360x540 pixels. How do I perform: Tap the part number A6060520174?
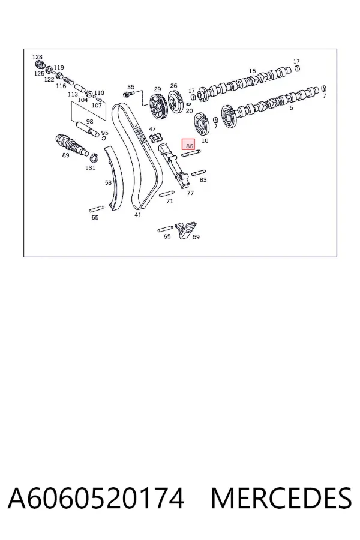coord(96,498)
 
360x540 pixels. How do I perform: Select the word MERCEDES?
coord(281,498)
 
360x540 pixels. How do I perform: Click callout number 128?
coord(37,57)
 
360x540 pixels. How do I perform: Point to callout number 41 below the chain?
coord(138,215)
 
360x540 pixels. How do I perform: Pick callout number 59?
coord(196,236)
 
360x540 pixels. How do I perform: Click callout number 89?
coord(65,155)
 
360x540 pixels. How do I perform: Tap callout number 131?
coord(90,168)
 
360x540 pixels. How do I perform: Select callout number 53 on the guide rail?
coord(108,182)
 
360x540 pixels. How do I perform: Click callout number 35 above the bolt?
coord(131,87)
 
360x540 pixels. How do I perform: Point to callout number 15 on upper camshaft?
coord(253,71)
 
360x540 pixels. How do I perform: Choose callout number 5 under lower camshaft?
coord(291,108)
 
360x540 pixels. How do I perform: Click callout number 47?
coord(152,129)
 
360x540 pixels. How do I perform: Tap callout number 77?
coord(190,193)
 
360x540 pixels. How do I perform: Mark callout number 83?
coord(203,179)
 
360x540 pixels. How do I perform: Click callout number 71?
coord(169,201)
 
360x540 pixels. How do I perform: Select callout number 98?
coord(89,121)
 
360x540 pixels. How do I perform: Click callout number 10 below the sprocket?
coord(205,140)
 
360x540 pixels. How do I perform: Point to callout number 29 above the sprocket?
coord(157,89)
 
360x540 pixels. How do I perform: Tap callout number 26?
coord(173,85)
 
